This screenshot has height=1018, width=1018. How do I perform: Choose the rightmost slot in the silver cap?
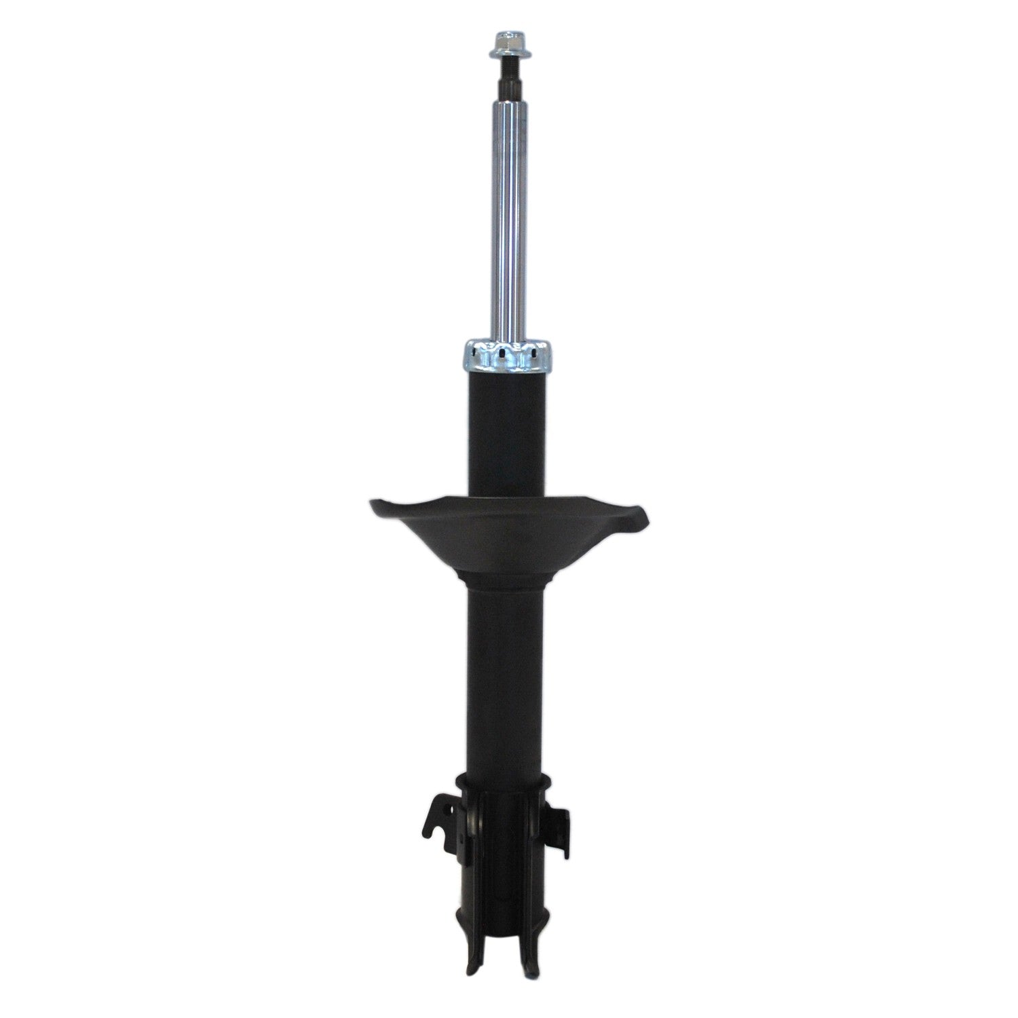click(536, 352)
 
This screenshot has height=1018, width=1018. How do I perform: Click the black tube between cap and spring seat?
click(508, 434)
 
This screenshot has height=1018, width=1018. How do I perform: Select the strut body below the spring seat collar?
click(508, 679)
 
